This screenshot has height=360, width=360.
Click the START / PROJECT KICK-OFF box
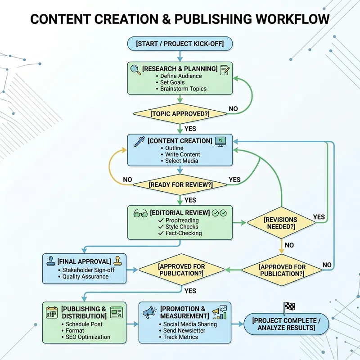[x=180, y=44]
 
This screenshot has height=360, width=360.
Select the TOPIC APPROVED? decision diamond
[x=180, y=114]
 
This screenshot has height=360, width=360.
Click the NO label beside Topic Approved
[x=234, y=109]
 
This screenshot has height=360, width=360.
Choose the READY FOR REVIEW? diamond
[x=180, y=185]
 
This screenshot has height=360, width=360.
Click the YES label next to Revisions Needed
[x=319, y=217]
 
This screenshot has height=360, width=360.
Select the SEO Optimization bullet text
[x=88, y=337]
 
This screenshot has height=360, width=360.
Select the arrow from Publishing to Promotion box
[x=132, y=324]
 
